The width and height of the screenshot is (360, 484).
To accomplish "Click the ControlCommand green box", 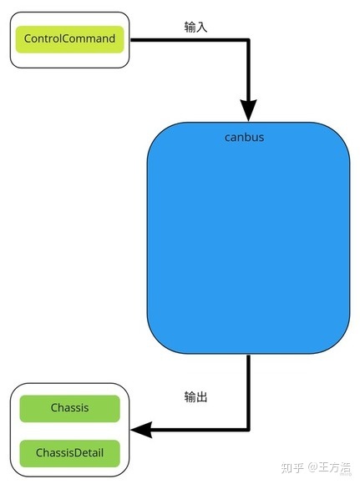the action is coord(70,39).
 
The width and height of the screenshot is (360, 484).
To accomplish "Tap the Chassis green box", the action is coord(70,408).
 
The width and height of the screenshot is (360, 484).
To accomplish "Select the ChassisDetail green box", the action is coord(70,453).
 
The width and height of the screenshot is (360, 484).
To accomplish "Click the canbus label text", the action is coord(244,137).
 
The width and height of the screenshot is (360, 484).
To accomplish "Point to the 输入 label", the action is coord(195,28).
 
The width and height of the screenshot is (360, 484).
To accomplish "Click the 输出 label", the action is coord(195,396).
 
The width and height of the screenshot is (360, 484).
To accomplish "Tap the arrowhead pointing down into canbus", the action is coord(248,110).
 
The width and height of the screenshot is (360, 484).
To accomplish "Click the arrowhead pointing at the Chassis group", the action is coord(141,430).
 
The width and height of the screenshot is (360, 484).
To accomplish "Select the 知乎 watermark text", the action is coord(292,467).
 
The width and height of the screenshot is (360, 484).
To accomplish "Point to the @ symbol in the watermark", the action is coord(312,468).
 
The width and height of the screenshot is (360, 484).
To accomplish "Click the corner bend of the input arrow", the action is coord(248,40).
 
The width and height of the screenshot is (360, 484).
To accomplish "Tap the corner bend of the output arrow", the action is coord(248,430).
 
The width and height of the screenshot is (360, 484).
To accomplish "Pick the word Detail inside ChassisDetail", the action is coord(89,453).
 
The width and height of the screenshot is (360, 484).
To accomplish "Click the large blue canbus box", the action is coord(248,238).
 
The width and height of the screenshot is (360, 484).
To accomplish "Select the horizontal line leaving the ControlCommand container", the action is coord(190,40).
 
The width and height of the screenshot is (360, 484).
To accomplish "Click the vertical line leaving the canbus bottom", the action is coord(248,391).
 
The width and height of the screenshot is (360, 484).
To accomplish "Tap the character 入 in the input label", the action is coord(201,28).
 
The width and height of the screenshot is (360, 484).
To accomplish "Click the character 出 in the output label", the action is coord(201,396).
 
